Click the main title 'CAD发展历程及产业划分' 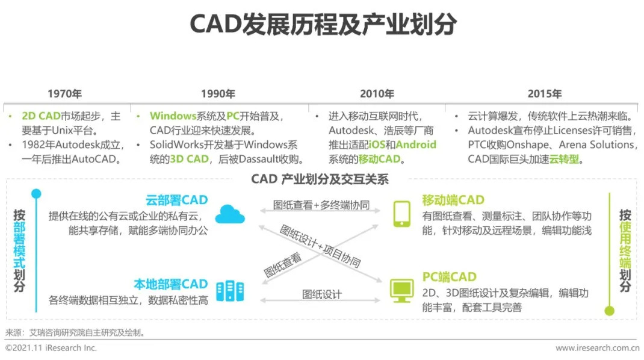tap(323, 24)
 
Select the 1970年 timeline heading tap(64, 94)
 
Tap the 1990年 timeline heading tap(218, 94)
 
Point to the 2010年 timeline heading tap(377, 94)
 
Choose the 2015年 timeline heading tap(545, 94)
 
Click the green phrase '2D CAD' tap(41, 116)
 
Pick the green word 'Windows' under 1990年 tap(173, 116)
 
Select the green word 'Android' tap(416, 144)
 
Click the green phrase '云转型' tap(564, 159)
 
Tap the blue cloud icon tap(230, 214)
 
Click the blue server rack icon tap(230, 291)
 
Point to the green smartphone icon tap(401, 214)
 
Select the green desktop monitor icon tap(401, 291)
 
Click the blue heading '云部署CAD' tap(176, 200)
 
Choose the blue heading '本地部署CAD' tap(171, 284)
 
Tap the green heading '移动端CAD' tap(453, 200)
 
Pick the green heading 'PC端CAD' tap(450, 277)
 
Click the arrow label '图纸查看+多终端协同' tap(321, 205)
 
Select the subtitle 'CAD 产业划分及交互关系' tap(320, 179)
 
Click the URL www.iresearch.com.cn tap(598, 348)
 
